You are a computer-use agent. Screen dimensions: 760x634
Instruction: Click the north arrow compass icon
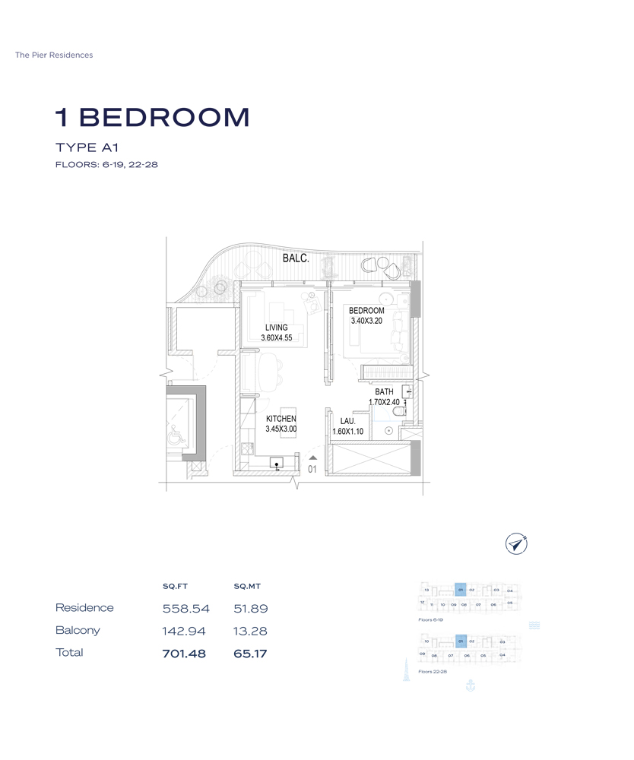point(516,543)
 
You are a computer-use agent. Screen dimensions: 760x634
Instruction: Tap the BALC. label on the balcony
point(296,258)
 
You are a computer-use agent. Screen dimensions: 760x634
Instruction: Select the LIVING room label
point(276,328)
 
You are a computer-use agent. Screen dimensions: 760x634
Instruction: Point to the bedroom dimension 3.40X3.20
point(366,321)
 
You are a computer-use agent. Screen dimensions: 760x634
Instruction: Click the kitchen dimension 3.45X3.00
point(281,429)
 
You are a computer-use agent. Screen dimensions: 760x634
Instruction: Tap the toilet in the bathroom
point(400,412)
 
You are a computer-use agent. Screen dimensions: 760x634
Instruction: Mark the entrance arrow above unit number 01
point(312,458)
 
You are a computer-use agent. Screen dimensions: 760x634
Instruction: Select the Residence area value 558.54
point(185,609)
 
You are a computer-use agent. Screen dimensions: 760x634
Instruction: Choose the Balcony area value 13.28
point(250,631)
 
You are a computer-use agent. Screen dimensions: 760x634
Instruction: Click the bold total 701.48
point(184,653)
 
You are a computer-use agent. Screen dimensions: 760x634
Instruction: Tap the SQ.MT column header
point(247,586)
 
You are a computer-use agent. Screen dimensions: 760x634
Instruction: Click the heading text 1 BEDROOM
point(152,117)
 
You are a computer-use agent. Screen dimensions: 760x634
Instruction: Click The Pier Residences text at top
point(54,55)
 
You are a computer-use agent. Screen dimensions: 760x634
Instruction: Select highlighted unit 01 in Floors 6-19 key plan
point(460,590)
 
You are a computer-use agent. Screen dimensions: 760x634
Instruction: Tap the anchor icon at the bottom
point(469,686)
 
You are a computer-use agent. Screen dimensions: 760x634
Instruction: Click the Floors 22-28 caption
point(433,672)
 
